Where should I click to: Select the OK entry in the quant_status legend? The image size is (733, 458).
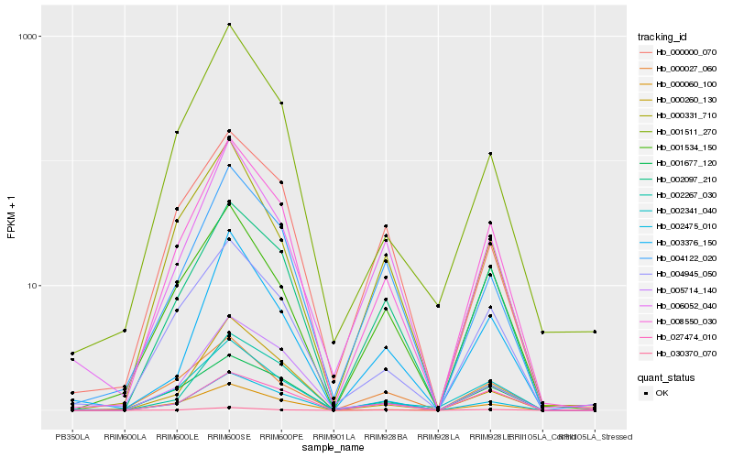tap(662, 392)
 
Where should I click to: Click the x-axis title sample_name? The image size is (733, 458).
tap(334, 448)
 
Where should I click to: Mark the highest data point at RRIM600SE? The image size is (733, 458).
tap(229, 24)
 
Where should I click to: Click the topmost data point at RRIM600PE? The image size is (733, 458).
tap(281, 104)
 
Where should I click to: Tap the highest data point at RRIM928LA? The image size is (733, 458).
tap(438, 305)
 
